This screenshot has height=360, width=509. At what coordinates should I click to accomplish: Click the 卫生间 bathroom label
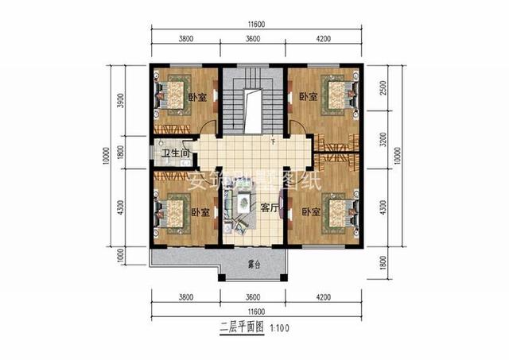[174, 153]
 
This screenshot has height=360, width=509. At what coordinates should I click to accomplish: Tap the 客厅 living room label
[268, 207]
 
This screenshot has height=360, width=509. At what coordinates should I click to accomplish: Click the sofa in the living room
[238, 208]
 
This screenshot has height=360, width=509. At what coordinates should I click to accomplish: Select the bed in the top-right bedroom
[338, 95]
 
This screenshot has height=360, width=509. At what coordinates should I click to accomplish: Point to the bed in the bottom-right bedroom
[337, 212]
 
